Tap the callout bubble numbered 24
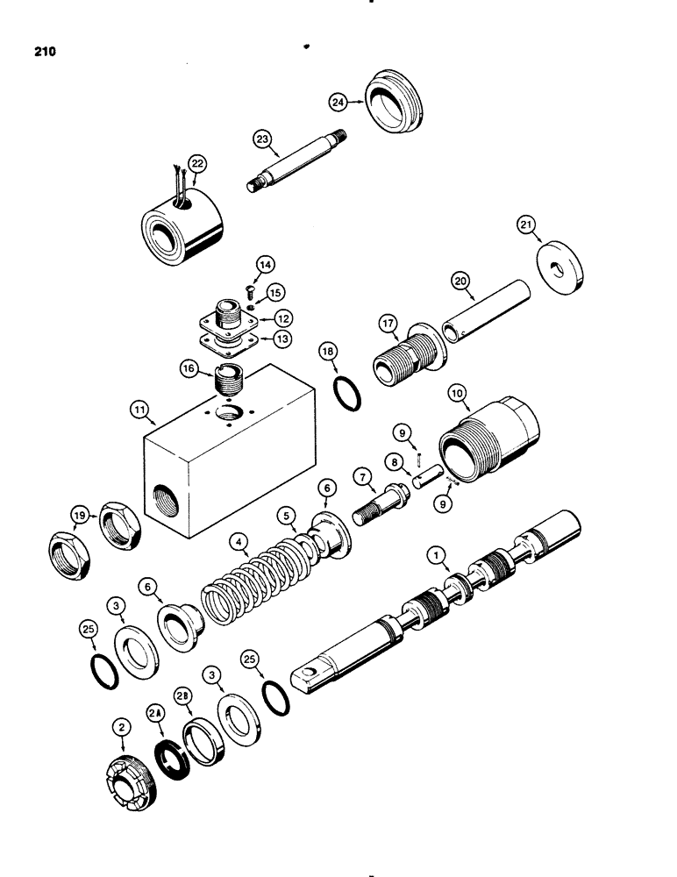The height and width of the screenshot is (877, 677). point(338,102)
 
